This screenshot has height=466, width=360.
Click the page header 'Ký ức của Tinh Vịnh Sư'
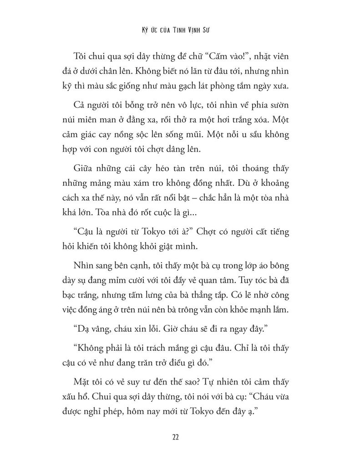click(180, 33)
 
